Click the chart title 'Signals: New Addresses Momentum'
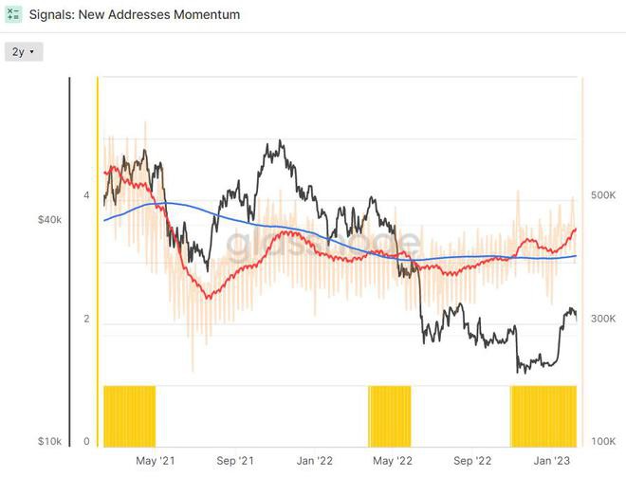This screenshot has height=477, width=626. [x=134, y=15]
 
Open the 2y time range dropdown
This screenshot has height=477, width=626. [x=23, y=51]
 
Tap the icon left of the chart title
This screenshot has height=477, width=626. [x=13, y=15]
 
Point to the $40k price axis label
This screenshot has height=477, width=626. [x=49, y=220]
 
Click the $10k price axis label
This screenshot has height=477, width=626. [x=49, y=442]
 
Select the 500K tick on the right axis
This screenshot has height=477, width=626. [x=603, y=195]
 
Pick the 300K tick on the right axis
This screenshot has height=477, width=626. [x=603, y=320]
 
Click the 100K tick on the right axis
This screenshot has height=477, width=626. [x=603, y=442]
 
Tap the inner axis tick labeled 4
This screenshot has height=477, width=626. [x=86, y=195]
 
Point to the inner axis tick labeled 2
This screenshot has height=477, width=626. [x=86, y=320]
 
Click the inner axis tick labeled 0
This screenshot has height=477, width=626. [x=86, y=442]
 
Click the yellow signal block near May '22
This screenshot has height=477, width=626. [x=390, y=415]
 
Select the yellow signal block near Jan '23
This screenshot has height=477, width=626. [x=543, y=415]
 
